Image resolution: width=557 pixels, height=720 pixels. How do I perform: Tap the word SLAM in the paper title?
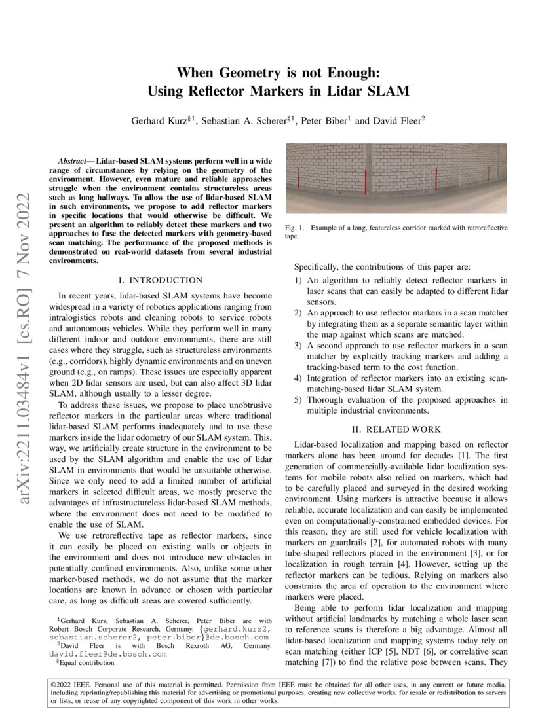click(x=389, y=91)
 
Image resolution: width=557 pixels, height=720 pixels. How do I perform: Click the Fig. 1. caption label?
click(x=294, y=228)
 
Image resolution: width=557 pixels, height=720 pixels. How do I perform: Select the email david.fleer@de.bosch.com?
click(x=108, y=653)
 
